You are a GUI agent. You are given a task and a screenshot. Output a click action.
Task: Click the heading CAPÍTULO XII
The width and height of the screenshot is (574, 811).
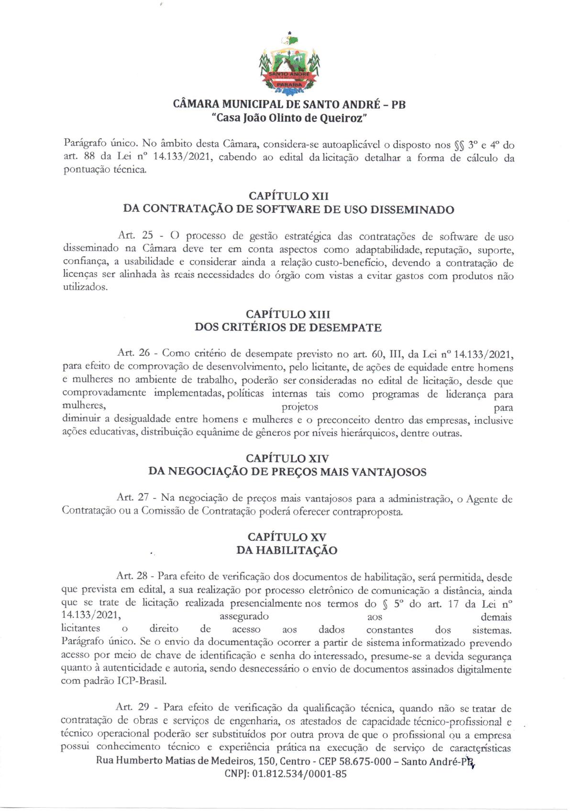tap(288, 196)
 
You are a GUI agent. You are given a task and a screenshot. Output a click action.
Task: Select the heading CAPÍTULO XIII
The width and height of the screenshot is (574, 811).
tap(288, 314)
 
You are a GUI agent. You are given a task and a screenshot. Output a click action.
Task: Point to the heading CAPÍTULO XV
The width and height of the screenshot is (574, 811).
tap(287, 537)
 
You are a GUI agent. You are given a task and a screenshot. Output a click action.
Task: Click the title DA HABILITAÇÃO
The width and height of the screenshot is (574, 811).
tap(287, 550)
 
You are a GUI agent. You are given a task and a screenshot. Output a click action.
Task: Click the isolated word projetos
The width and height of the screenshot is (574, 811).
tap(300, 407)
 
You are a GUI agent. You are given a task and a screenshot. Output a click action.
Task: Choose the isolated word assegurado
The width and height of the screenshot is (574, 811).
tap(244, 616)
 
